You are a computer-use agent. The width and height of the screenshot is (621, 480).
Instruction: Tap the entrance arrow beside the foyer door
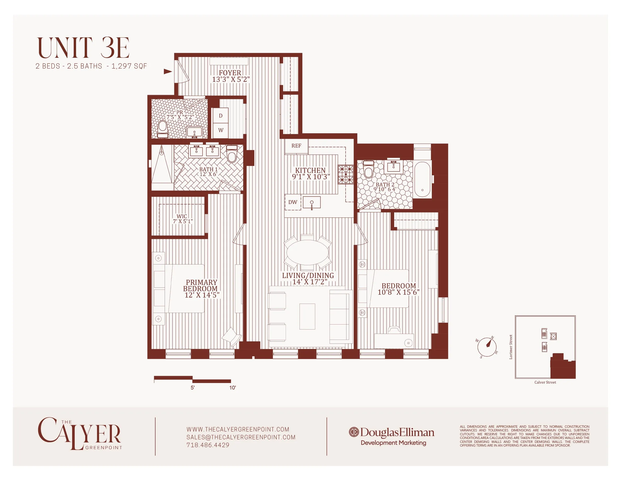[168, 72]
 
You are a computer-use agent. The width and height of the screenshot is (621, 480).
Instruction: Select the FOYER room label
[230, 73]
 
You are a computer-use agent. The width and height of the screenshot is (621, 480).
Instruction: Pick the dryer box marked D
[221, 116]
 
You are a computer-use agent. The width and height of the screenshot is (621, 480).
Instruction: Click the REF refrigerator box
[296, 146]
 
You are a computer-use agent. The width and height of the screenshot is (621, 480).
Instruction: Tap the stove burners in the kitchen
[346, 175]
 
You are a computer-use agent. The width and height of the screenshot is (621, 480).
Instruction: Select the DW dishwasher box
[292, 202]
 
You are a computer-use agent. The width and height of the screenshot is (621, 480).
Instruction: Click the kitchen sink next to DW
[312, 202]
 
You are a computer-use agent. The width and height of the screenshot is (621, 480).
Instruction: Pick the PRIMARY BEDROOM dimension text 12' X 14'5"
[202, 295]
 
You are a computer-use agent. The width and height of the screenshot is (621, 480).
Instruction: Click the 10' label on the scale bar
[233, 388]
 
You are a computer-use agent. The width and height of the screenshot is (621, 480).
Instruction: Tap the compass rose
[487, 347]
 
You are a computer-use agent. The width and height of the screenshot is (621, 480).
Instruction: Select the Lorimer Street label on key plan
[511, 347]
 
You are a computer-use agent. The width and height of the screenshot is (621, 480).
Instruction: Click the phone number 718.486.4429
[208, 445]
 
